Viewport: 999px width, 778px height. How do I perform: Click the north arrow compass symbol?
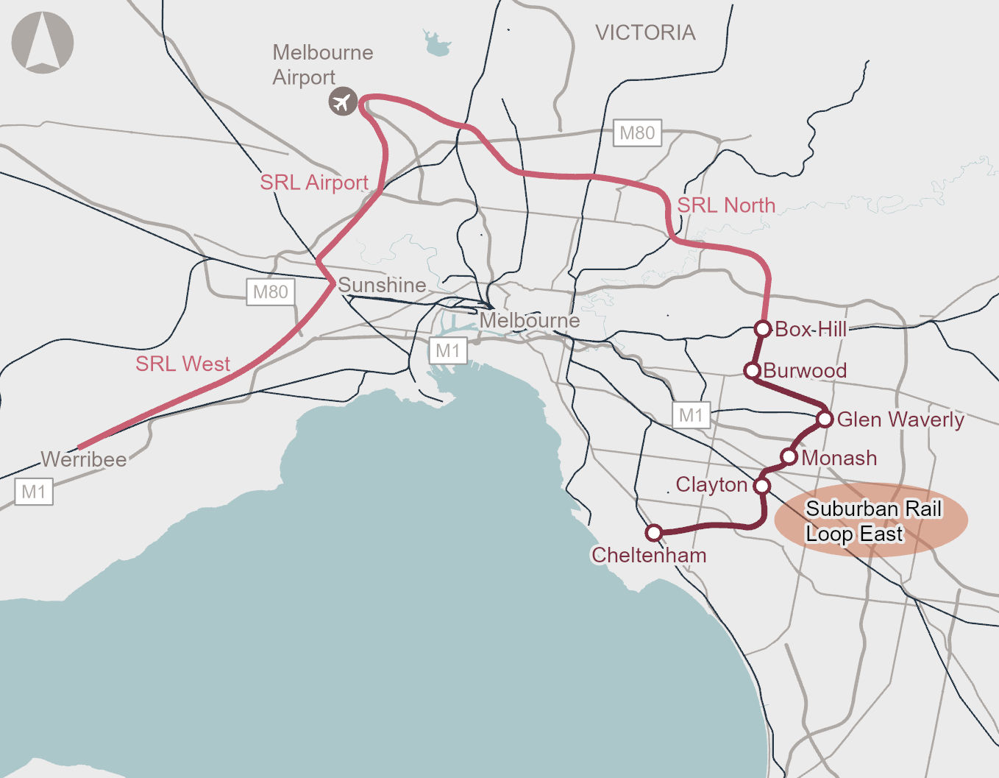pyautogui.click(x=43, y=43)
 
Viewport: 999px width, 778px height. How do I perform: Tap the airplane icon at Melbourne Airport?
pyautogui.click(x=342, y=102)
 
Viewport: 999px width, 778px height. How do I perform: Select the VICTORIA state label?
pyautogui.click(x=645, y=32)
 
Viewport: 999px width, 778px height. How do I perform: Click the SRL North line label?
pyautogui.click(x=725, y=205)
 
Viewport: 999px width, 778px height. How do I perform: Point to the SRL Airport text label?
pyautogui.click(x=314, y=183)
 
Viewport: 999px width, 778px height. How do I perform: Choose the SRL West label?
pyautogui.click(x=182, y=364)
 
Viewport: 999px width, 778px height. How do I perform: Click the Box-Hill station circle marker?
pyautogui.click(x=763, y=328)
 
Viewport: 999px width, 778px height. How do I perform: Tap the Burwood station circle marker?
pyautogui.click(x=752, y=370)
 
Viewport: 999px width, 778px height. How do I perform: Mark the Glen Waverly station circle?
pyautogui.click(x=825, y=420)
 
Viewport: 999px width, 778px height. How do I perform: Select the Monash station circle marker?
pyautogui.click(x=789, y=457)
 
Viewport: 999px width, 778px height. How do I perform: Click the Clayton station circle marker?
pyautogui.click(x=762, y=486)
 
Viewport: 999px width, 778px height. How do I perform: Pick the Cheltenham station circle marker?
pyautogui.click(x=653, y=532)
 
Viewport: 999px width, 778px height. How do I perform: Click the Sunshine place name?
pyautogui.click(x=382, y=285)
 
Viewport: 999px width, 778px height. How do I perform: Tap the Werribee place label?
pyautogui.click(x=84, y=459)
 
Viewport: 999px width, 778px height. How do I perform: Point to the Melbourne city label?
pyautogui.click(x=530, y=321)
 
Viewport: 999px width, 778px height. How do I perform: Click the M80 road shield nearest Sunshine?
pyautogui.click(x=270, y=292)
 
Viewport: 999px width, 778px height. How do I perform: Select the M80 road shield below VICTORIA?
pyautogui.click(x=637, y=133)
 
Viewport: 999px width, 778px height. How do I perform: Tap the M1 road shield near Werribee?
pyautogui.click(x=34, y=492)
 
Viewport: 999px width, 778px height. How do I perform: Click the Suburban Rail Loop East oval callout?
pyautogui.click(x=871, y=520)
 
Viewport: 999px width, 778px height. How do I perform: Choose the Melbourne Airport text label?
pyautogui.click(x=322, y=65)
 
